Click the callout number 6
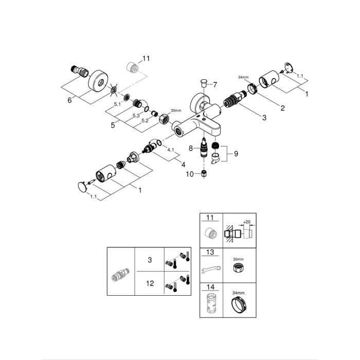coord(69,101)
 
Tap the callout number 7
coord(215,84)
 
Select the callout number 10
coord(190,174)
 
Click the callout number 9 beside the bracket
coord(236,153)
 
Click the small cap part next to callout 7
coord(202,82)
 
